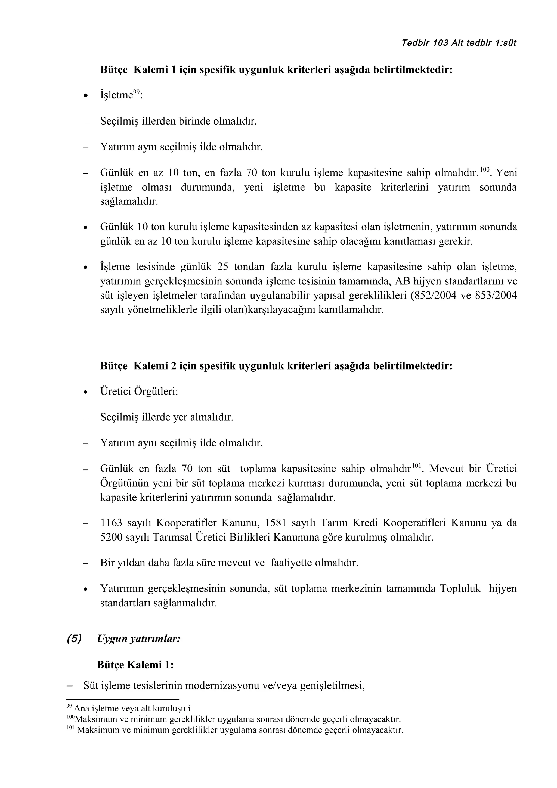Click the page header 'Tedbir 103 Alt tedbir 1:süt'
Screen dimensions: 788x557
(x=459, y=43)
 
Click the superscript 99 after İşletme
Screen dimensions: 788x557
(x=136, y=92)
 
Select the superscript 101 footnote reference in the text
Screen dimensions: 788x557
(x=416, y=466)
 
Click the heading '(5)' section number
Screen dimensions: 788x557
(x=74, y=639)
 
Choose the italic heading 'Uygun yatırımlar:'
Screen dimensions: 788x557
(x=139, y=639)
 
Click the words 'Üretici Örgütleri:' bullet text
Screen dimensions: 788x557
(x=139, y=392)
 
